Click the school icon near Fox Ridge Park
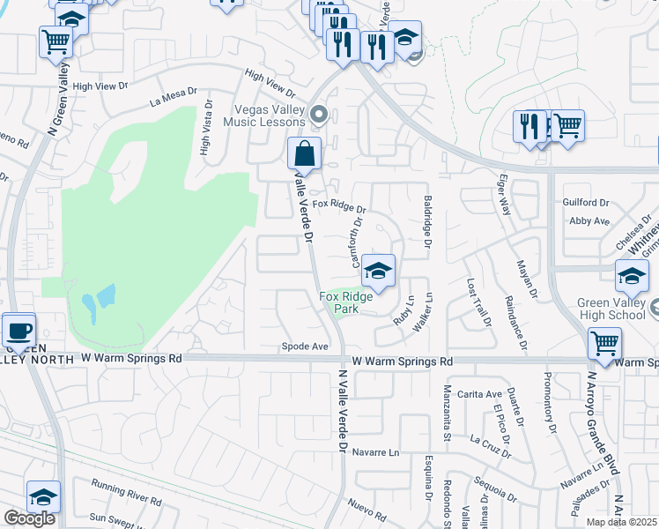coord(378,271)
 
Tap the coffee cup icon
coord(19,331)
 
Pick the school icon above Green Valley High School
coord(632,276)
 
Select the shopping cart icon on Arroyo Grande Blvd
coord(604,343)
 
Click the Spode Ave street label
coord(305,346)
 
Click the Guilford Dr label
coord(585,203)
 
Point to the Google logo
coord(29,518)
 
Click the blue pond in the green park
coord(98,302)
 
